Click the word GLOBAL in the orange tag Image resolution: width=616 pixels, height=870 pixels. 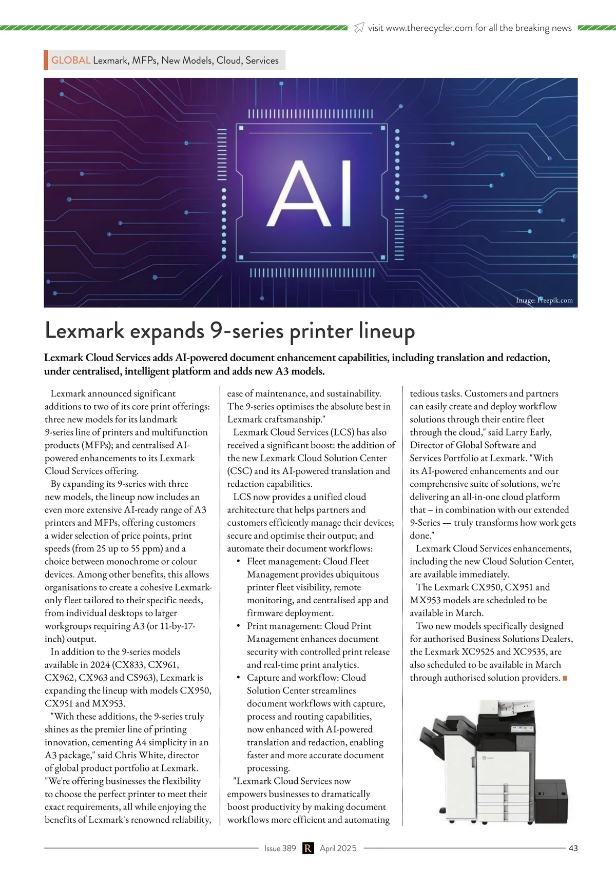(x=71, y=61)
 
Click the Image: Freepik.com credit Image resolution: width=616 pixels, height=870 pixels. (x=544, y=301)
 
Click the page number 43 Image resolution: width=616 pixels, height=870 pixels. (x=573, y=848)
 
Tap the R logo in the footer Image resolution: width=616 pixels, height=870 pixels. (x=308, y=848)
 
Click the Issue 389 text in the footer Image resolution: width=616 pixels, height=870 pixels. (x=280, y=848)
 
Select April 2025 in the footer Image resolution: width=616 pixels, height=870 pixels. (x=338, y=848)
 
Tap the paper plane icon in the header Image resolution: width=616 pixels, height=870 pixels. (x=359, y=28)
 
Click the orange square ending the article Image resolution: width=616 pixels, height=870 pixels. (x=565, y=678)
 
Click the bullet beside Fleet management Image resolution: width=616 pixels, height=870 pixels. (x=239, y=562)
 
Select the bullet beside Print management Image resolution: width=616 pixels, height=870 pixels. (x=239, y=626)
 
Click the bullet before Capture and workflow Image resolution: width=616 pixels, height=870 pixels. (x=239, y=678)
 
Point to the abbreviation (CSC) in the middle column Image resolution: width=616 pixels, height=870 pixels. (x=239, y=471)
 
